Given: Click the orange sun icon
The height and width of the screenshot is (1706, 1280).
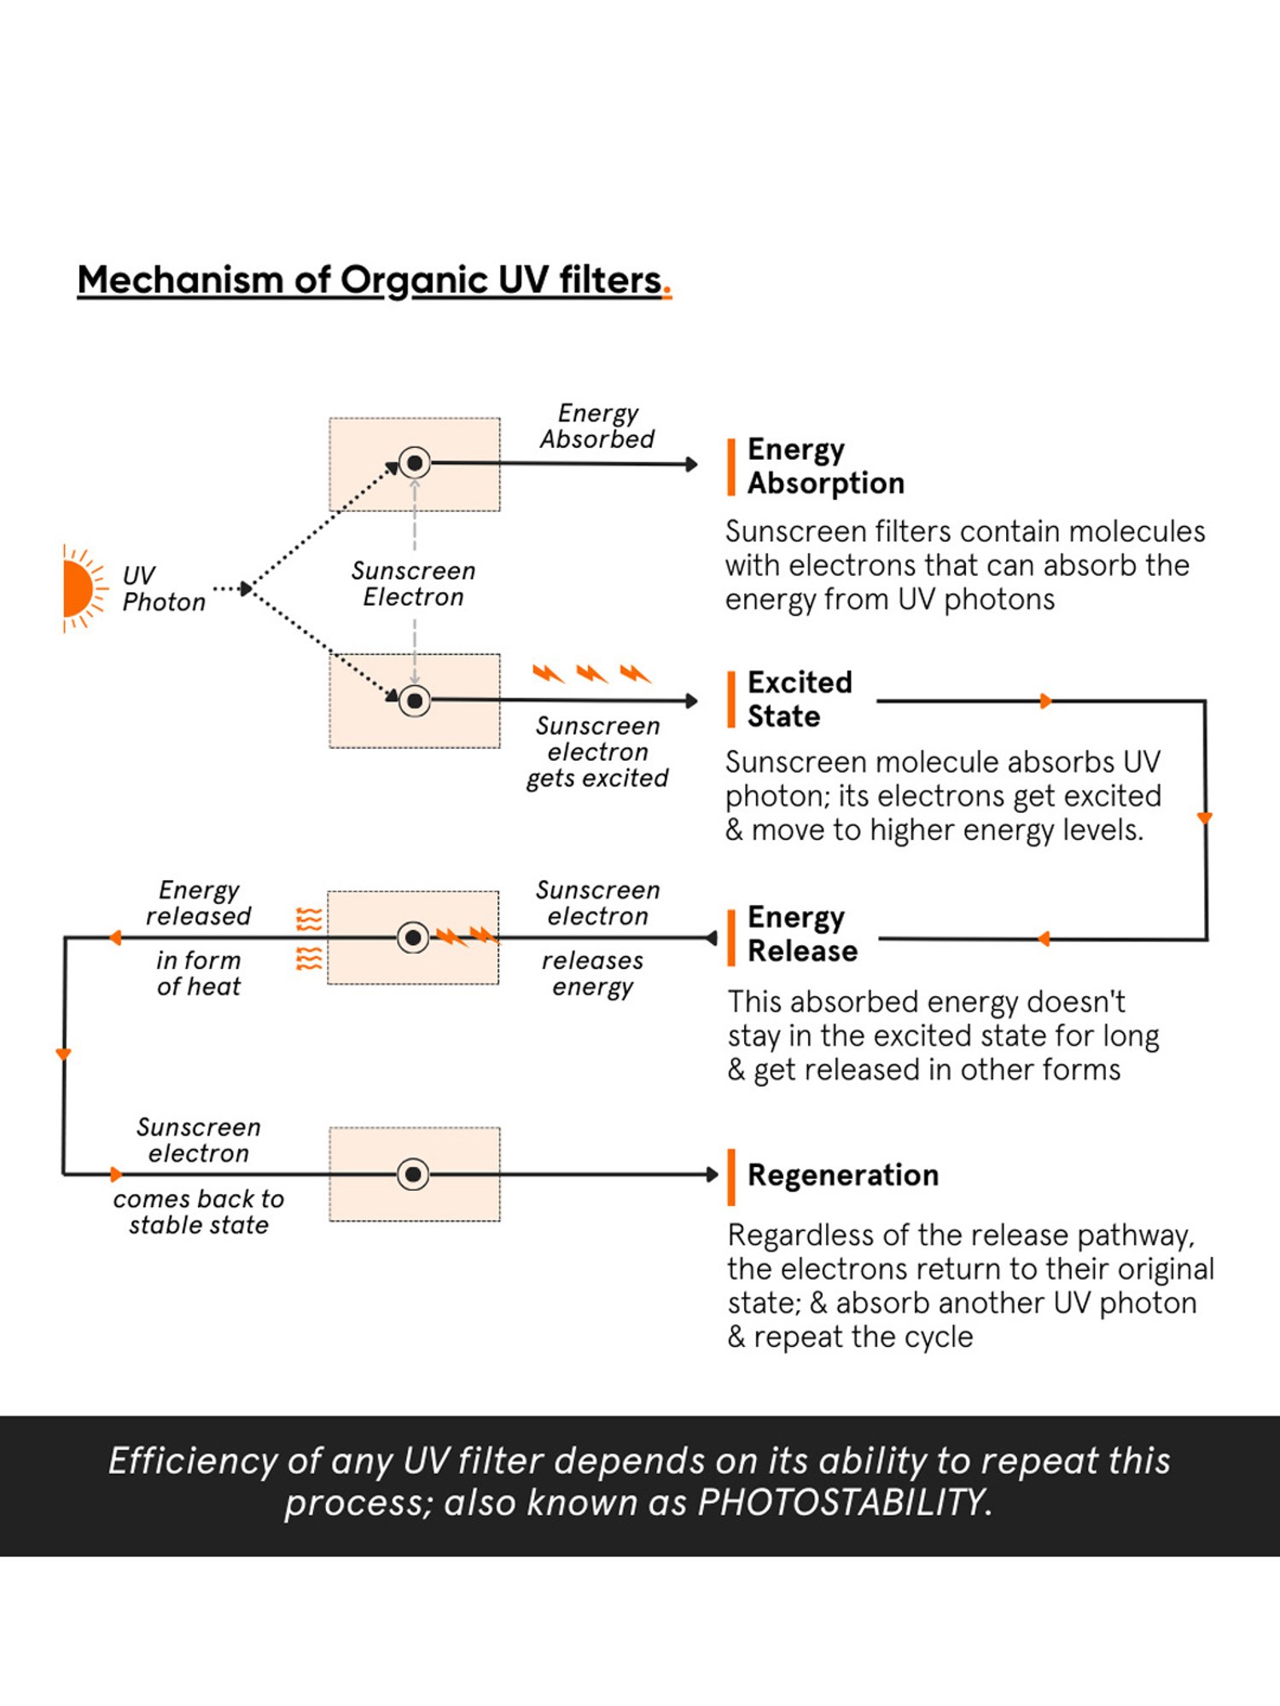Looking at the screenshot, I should [x=79, y=589].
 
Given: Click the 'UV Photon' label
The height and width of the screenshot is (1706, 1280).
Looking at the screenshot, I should [x=163, y=589].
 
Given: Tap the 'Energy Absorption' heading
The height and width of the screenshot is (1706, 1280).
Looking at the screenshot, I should [x=824, y=466].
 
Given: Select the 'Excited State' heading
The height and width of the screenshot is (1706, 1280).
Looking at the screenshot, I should [x=799, y=699].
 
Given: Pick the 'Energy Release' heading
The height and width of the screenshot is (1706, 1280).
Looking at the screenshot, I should [x=801, y=934].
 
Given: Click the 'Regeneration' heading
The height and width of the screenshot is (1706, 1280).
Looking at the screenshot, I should [x=842, y=1175].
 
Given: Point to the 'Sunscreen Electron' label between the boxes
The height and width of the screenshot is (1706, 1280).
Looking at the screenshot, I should [x=414, y=583].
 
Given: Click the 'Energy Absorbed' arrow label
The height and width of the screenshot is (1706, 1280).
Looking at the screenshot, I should [x=597, y=426].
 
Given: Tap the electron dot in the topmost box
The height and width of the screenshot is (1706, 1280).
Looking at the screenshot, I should [x=415, y=463].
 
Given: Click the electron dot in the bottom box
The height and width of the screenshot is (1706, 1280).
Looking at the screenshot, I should [x=414, y=1175].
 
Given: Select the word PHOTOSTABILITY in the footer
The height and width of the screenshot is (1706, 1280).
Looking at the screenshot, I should [x=841, y=1502].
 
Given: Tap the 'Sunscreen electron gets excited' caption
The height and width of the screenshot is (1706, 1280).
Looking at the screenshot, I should [x=597, y=751].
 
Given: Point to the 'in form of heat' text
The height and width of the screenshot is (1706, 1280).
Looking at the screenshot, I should [x=199, y=973].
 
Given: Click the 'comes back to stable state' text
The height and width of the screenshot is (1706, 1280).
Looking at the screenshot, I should [x=199, y=1212].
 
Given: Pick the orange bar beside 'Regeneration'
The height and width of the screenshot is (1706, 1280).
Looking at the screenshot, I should [x=731, y=1177].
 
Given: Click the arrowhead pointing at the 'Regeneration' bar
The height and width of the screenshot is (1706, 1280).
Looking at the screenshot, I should [x=713, y=1175].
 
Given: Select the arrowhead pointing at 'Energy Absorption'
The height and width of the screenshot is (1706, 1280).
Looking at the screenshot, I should [x=692, y=464].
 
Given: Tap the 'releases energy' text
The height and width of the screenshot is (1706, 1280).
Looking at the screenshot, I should [x=593, y=973].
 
